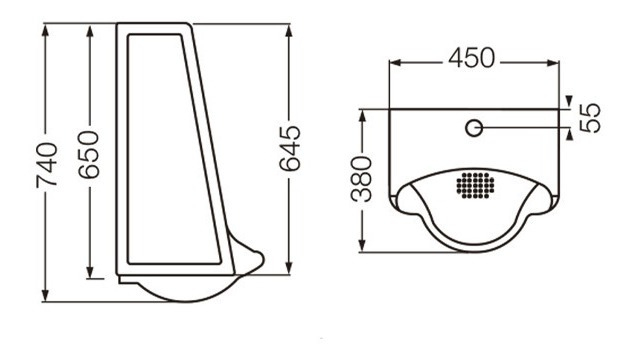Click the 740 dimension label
pos(47,165)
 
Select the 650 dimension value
pos(89,155)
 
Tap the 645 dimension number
pos(290,148)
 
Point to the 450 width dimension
pos(471,58)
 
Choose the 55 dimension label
pos(590,118)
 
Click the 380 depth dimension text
pos(361,179)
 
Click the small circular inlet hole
pos(474,128)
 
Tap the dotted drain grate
pos(476,185)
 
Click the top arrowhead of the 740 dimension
pos(45,31)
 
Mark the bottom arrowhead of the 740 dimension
pos(45,294)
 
